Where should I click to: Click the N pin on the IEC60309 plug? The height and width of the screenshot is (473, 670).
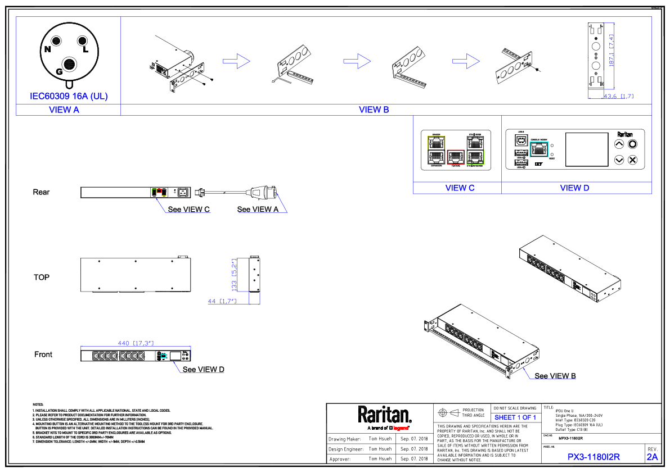point(56,41)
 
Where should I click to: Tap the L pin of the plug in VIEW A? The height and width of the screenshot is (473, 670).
point(82,41)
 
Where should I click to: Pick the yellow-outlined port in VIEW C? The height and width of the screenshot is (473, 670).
point(435,141)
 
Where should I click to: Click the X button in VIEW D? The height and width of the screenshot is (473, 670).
point(632,160)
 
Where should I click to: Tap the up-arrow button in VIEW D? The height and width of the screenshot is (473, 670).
point(619,144)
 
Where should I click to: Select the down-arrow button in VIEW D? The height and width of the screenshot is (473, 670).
point(619,160)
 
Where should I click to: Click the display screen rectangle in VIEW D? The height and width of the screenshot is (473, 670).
point(587,149)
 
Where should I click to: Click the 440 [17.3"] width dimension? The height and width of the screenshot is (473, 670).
point(136,342)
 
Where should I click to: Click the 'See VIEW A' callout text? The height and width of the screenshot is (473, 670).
point(258,210)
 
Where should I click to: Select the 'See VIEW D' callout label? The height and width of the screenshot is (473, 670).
point(203,370)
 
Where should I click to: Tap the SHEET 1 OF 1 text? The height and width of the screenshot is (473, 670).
point(515,417)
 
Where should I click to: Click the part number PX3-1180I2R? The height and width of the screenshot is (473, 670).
point(593,457)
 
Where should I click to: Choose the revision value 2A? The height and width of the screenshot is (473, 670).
point(652,457)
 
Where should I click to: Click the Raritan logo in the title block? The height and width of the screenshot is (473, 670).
point(385,416)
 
